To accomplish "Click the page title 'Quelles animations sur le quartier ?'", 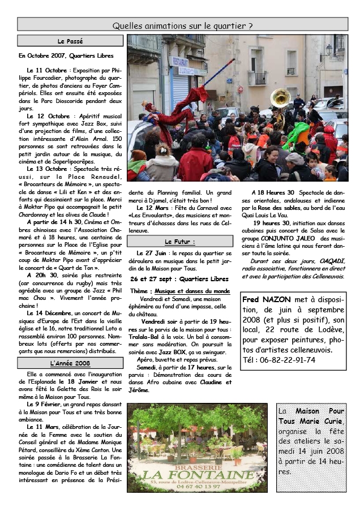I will click(x=182, y=25).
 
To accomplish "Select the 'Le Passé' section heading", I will click(x=70, y=41).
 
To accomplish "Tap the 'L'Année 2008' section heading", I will click(x=70, y=363).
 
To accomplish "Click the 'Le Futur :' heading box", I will click(x=179, y=242).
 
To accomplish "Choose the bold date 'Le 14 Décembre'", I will click(x=46, y=312).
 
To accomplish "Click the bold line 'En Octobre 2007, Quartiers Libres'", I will click(x=66, y=56).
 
